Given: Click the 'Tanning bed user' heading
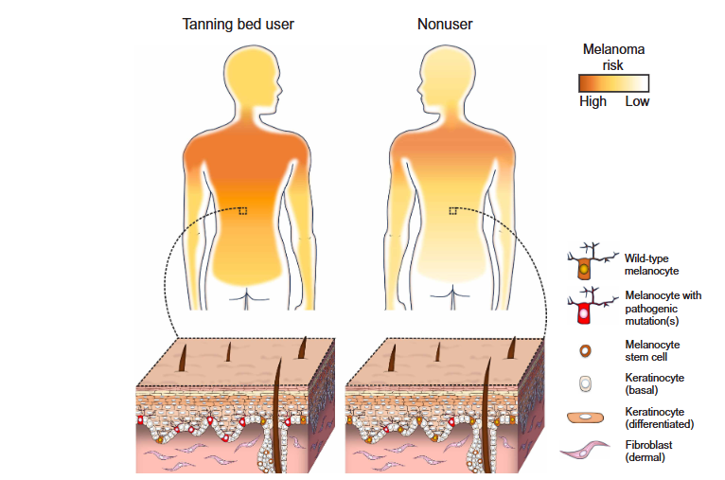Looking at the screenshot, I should (238, 24).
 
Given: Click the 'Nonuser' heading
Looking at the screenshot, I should (445, 24).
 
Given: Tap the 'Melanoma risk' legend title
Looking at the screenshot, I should (613, 57).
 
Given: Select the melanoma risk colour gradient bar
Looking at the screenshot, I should (614, 83).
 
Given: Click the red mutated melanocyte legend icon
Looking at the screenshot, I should (588, 309).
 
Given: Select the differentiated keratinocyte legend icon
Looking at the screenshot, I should (588, 417).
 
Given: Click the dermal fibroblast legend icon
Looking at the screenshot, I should (588, 452).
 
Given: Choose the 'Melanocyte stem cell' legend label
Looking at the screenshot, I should (652, 351).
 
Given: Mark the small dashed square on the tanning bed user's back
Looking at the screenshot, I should (244, 211).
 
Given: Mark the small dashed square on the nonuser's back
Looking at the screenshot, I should (453, 211).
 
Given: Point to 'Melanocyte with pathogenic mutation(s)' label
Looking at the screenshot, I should (663, 309).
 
